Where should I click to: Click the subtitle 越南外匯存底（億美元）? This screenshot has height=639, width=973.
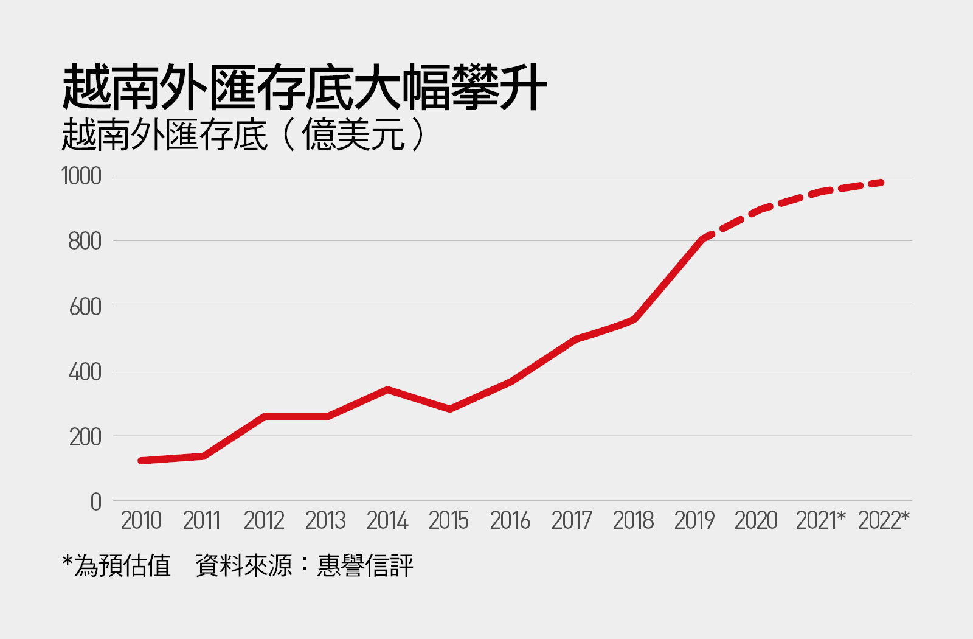tap(243, 134)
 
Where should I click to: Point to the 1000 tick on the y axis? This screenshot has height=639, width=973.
tap(81, 176)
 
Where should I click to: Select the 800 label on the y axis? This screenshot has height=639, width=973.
tap(85, 242)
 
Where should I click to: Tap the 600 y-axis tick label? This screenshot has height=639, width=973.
tap(85, 307)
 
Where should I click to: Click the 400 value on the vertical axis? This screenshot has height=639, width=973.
tap(85, 372)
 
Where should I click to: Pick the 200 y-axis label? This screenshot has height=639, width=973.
tap(85, 437)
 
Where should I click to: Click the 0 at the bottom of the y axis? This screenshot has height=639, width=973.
tap(95, 502)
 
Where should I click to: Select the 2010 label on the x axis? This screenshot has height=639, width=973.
tap(141, 521)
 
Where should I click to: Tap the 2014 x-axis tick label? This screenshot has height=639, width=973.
tap(387, 521)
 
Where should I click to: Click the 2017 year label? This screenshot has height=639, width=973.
tap(572, 521)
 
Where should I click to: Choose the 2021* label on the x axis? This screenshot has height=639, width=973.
tap(820, 521)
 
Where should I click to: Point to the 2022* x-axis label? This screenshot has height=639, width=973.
tap(883, 521)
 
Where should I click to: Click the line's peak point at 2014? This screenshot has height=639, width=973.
tap(387, 389)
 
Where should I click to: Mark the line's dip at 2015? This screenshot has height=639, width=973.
tap(449, 409)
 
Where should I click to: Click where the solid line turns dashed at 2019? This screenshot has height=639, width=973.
tap(704, 238)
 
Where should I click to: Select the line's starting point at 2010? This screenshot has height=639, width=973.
tap(141, 461)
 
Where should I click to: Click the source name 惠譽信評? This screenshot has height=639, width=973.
tap(365, 565)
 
